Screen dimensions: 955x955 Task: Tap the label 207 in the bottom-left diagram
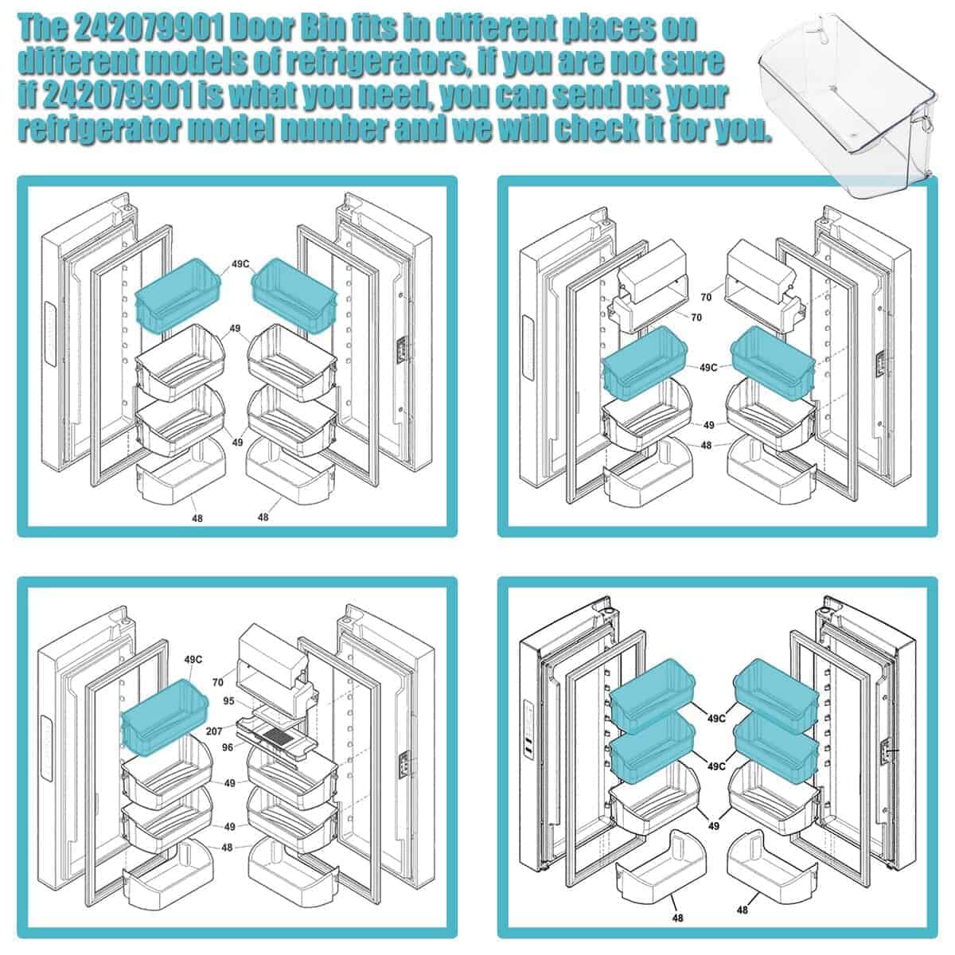coord(213,731)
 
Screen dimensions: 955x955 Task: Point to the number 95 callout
coord(228,701)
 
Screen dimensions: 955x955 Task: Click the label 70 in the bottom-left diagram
coord(217,682)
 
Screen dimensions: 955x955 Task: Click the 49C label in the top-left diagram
coord(240,263)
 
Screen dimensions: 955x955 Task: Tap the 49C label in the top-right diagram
coord(707,367)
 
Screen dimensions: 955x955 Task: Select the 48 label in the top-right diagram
coord(706,445)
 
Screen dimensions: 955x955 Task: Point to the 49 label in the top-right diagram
coord(709,425)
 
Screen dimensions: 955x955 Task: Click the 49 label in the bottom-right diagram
coord(713,825)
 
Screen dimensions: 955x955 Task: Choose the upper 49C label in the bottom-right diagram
coord(716,718)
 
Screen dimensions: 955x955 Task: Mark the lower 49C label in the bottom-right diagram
coord(716,766)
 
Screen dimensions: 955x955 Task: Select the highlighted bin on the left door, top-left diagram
coord(178,295)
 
